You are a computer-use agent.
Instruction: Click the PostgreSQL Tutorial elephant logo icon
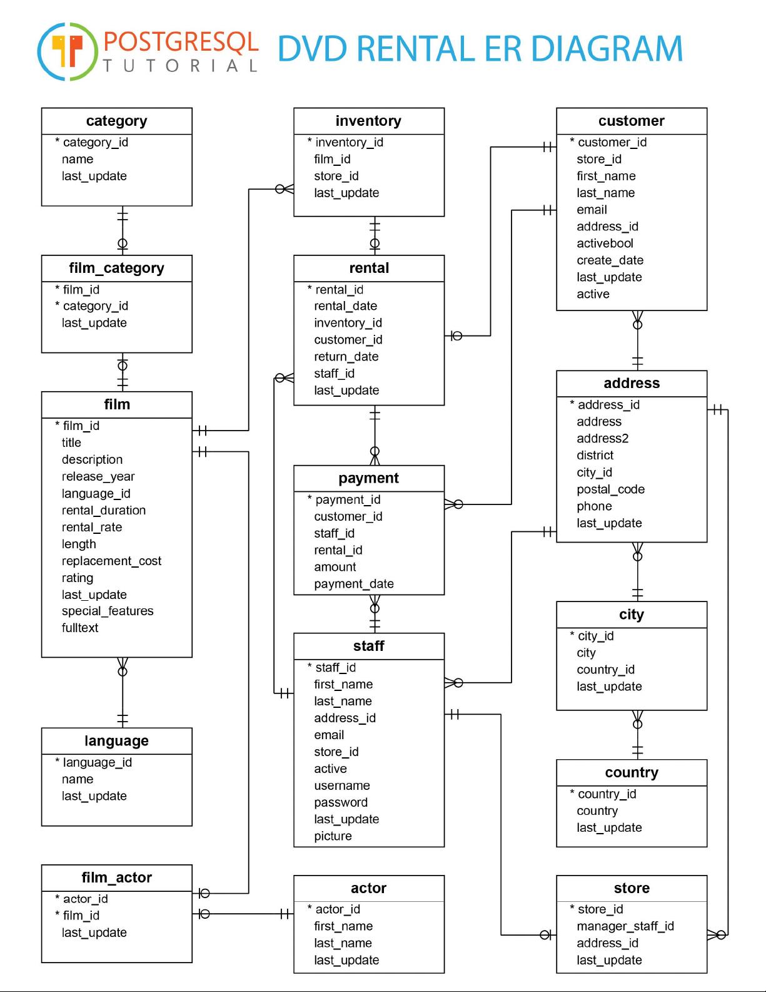(68, 51)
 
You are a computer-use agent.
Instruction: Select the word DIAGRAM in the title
(607, 49)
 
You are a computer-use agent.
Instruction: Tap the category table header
(117, 121)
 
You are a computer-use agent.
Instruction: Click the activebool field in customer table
(605, 243)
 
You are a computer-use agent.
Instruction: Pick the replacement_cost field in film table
(111, 561)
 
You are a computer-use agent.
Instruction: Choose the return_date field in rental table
(346, 357)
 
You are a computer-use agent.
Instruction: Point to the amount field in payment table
(335, 567)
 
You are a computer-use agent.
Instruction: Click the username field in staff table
(341, 785)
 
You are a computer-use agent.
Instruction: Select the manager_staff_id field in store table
(625, 926)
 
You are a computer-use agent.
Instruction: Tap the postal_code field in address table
(610, 489)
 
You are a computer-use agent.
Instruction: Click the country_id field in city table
(605, 670)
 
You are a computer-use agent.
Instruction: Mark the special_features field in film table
(108, 611)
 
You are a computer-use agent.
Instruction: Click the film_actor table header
(117, 878)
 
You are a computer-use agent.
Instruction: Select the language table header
(117, 741)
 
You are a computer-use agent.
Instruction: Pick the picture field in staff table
(333, 836)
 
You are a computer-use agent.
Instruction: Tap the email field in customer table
(592, 210)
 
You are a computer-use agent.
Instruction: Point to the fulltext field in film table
(80, 628)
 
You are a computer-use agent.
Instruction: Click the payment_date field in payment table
(354, 584)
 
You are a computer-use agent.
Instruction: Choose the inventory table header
(369, 121)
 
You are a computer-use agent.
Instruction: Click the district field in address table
(595, 455)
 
